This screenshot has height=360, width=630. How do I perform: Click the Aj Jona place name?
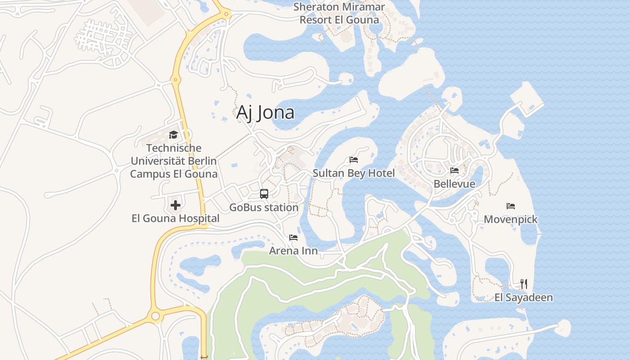tap(265, 112)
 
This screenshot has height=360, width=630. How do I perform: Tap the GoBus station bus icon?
tap(264, 194)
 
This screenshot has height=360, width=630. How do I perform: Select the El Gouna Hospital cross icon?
tap(175, 206)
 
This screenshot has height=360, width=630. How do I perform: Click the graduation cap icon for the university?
tap(173, 135)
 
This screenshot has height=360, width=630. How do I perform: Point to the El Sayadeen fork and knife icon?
tap(523, 284)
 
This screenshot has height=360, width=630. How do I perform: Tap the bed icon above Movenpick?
tap(510, 206)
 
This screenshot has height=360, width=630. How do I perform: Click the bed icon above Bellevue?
tap(454, 171)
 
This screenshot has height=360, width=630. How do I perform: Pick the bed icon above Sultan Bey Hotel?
tap(354, 160)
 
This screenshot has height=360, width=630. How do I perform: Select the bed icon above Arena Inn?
tap(293, 237)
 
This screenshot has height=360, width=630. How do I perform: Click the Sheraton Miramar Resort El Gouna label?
tap(339, 13)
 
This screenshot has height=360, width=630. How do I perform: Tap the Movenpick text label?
tap(511, 220)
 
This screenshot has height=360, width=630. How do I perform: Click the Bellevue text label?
tap(454, 184)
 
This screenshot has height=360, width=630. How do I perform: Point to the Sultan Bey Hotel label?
tap(354, 173)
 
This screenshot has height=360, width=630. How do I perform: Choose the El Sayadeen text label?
tap(523, 297)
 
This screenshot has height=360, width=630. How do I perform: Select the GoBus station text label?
tap(264, 207)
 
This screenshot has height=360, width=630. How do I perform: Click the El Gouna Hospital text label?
tap(175, 219)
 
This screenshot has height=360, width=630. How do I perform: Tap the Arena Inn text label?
tap(293, 251)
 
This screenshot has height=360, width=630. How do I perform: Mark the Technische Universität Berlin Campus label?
tap(174, 161)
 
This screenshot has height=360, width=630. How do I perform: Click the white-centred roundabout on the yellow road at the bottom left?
tap(156, 316)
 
